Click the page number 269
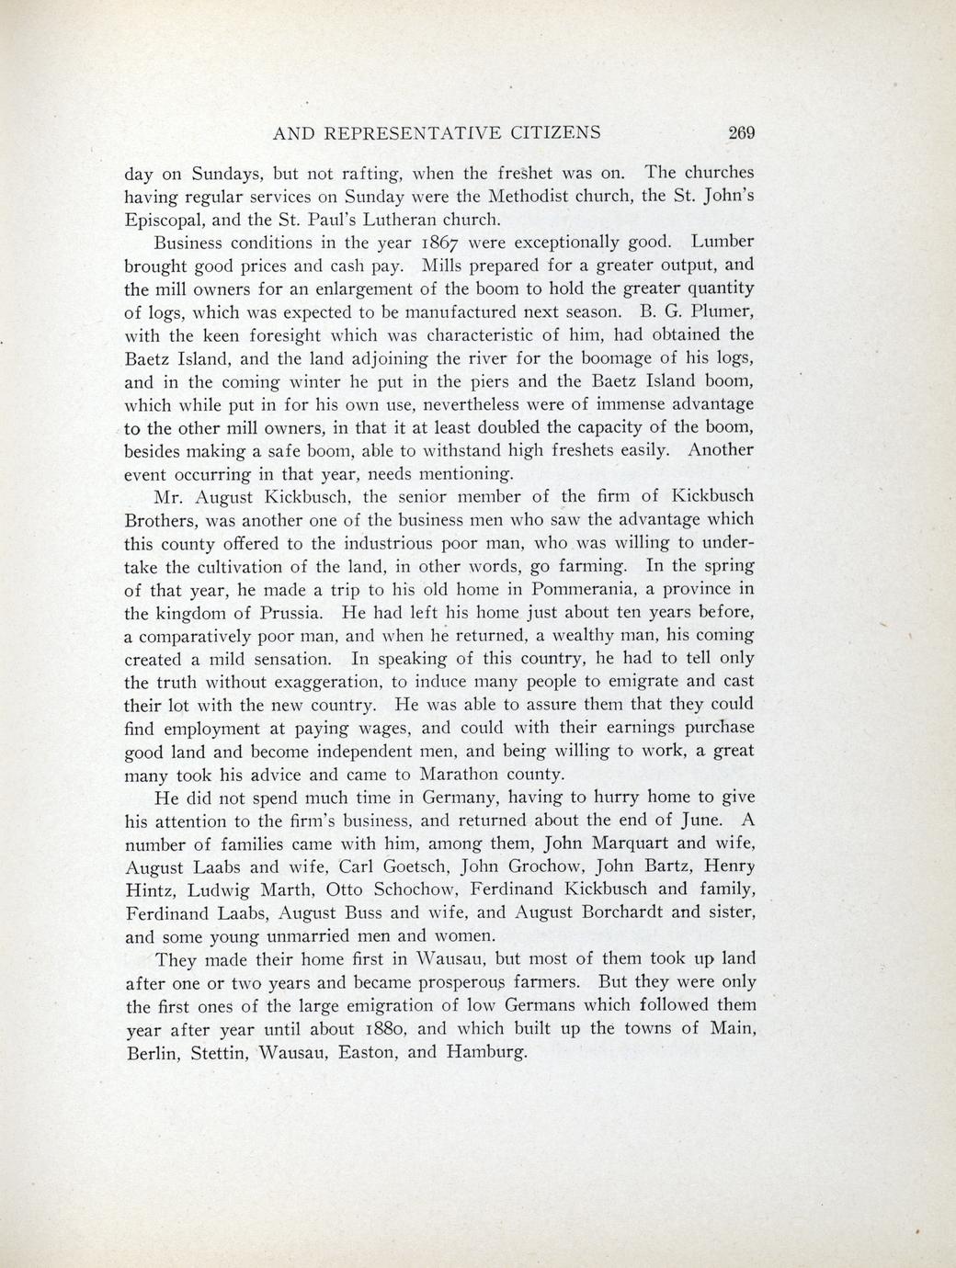(741, 132)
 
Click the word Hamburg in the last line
(486, 1052)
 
